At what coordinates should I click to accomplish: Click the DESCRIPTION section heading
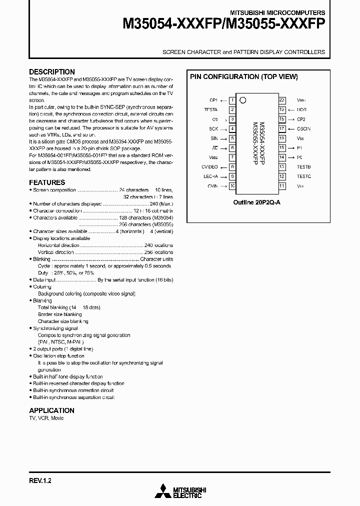pyautogui.click(x=52, y=72)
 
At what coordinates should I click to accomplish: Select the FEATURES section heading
pyautogui.click(x=47, y=182)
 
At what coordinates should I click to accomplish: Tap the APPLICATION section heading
pyautogui.click(x=51, y=410)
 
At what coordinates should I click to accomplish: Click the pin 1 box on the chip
pyautogui.click(x=232, y=100)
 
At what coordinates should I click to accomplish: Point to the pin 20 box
pyautogui.click(x=282, y=100)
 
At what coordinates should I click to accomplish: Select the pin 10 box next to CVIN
pyautogui.click(x=232, y=186)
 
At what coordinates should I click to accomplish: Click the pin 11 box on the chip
pyautogui.click(x=282, y=186)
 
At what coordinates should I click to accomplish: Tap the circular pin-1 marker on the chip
pyautogui.click(x=243, y=100)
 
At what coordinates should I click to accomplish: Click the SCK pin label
pyautogui.click(x=213, y=129)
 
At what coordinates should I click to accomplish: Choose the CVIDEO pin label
pyautogui.click(x=209, y=167)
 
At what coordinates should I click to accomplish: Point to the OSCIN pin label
pyautogui.click(x=303, y=129)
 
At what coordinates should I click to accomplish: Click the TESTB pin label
pyautogui.click(x=303, y=167)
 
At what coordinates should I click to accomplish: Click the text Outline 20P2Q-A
pyautogui.click(x=257, y=203)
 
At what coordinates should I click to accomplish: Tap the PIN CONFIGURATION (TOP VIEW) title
pyautogui.click(x=243, y=77)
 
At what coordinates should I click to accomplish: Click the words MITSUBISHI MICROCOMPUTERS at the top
pyautogui.click(x=277, y=12)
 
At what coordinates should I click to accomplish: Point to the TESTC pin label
pyautogui.click(x=303, y=176)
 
